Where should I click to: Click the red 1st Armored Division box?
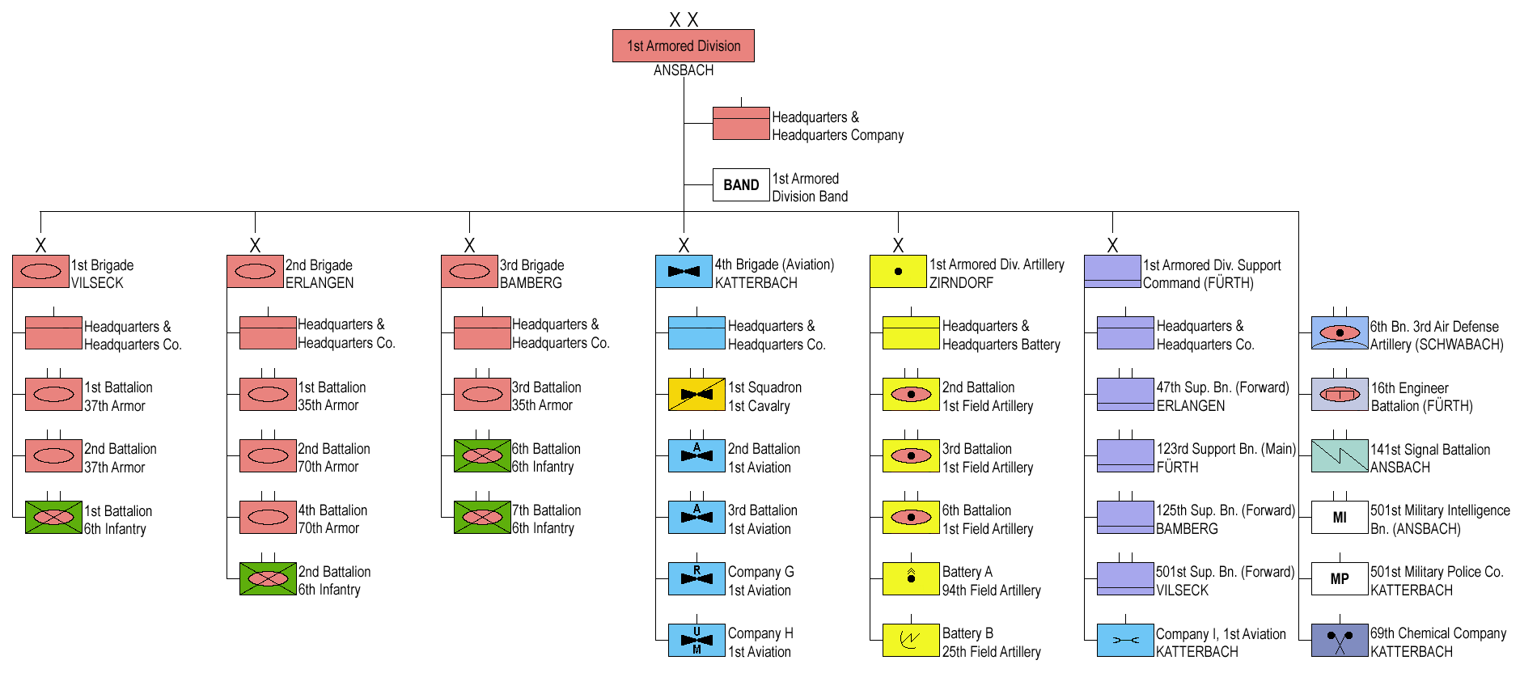683,46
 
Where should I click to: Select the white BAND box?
740,184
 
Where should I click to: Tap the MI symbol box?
1339,518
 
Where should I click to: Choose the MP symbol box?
1339,579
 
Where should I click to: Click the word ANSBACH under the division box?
683,70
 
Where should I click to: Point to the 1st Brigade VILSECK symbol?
40,272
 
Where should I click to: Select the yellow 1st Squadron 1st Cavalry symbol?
696,395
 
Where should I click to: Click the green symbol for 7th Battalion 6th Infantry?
482,518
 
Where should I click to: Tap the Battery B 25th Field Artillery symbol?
911,640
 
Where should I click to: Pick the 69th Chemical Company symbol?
1339,640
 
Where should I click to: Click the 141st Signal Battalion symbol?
1339,456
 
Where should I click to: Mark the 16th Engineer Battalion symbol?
1339,395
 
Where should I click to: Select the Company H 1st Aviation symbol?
696,640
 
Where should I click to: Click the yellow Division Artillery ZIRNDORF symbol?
897,272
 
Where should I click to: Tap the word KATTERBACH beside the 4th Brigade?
756,283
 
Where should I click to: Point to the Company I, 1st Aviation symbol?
1124,640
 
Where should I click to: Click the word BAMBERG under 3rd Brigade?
531,283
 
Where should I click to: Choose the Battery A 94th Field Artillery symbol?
911,578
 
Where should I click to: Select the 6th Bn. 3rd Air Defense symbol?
1339,333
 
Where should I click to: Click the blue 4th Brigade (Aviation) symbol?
684,272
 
